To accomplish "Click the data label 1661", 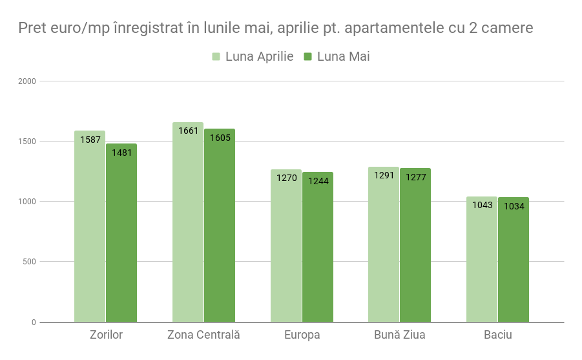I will [x=188, y=131].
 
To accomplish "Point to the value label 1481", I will [x=121, y=153].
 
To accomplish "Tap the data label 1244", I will [x=318, y=181].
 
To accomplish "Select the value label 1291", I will [x=384, y=175].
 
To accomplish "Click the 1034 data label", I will [x=514, y=206].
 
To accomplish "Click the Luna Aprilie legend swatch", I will [x=216, y=57].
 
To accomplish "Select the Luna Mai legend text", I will [x=343, y=57].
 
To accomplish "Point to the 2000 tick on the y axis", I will [x=27, y=81].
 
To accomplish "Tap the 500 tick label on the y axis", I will [x=29, y=262].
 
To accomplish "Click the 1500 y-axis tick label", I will [x=27, y=142].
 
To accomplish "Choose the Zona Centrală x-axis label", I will [x=203, y=335].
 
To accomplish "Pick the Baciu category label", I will [x=498, y=335].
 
